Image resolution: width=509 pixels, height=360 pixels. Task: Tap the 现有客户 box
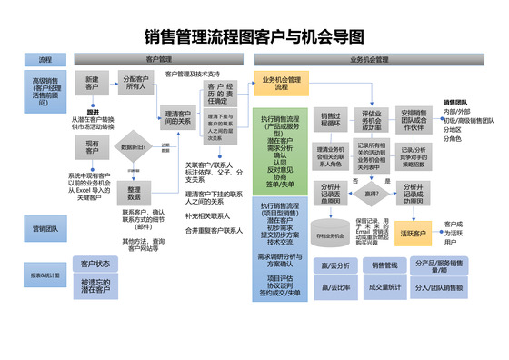tap(92, 147)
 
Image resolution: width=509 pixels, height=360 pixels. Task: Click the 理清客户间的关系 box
tap(178, 116)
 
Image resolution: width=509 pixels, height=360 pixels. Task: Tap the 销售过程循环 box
tap(330, 121)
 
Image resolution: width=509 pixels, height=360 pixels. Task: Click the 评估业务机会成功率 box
tap(371, 121)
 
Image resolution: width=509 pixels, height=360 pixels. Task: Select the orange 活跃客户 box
tap(413, 234)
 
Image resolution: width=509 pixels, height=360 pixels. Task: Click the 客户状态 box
tap(95, 265)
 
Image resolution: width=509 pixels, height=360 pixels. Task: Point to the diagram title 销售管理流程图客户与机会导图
tap(254, 37)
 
